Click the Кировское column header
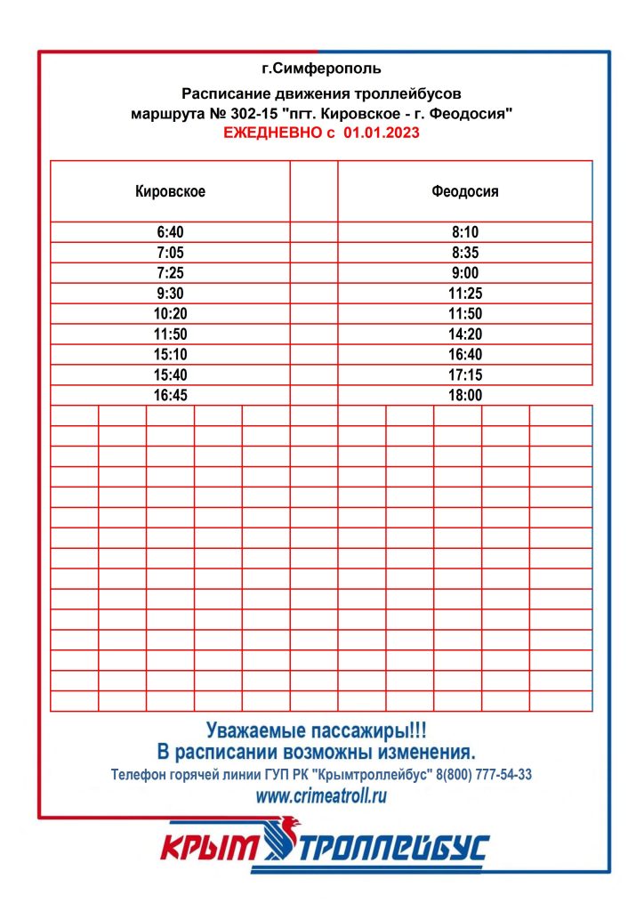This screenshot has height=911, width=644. (170, 191)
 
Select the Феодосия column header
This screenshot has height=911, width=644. (465, 191)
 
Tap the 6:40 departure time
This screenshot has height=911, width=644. (170, 232)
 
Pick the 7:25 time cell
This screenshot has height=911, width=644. (170, 273)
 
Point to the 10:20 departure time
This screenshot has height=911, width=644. (170, 314)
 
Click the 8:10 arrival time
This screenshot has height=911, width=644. (465, 232)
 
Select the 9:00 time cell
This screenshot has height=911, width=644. (465, 273)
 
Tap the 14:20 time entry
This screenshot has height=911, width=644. (465, 335)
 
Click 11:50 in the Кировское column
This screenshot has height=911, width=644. (170, 335)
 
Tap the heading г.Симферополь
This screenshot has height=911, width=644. (321, 69)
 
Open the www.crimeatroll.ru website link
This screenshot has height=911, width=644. (321, 796)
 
